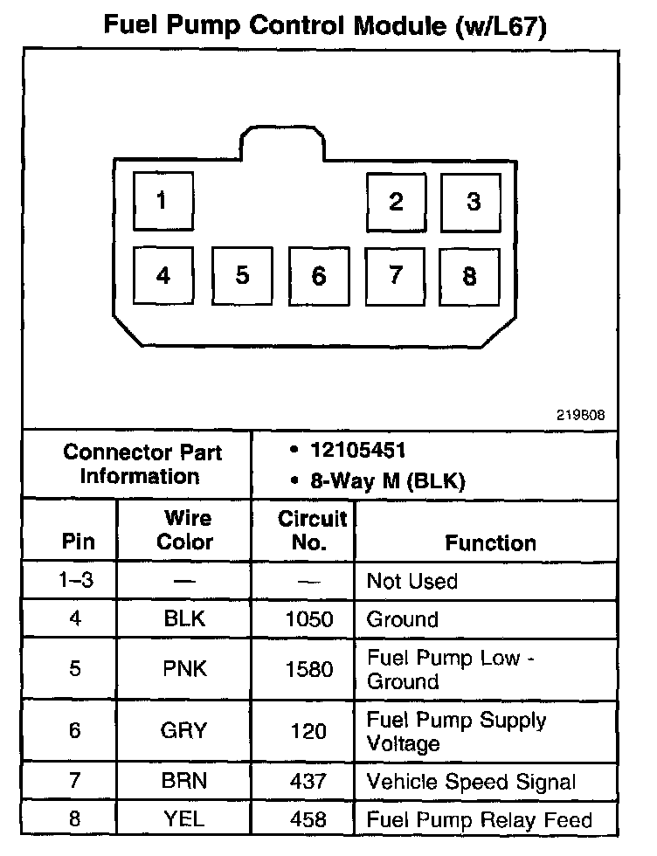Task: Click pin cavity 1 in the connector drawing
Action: [163, 202]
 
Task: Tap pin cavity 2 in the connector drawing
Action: [396, 203]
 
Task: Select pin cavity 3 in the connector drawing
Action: [472, 203]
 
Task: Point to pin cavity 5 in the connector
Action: [242, 276]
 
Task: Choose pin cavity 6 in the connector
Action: [319, 277]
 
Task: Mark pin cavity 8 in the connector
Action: [470, 277]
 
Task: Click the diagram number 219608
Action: [580, 415]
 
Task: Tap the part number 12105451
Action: [357, 451]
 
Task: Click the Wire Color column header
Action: [184, 529]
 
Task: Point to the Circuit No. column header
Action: [311, 529]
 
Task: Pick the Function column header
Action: [490, 542]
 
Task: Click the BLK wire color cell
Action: [184, 619]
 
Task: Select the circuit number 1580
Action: [309, 669]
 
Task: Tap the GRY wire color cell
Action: [184, 731]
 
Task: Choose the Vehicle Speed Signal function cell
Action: [471, 781]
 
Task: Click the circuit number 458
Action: [309, 819]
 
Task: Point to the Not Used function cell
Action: [411, 581]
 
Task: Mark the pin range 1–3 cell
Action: [74, 581]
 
